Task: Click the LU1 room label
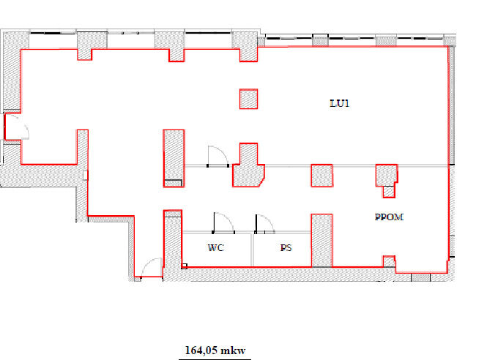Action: click(340, 103)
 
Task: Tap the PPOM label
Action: click(389, 217)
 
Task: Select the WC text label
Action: click(216, 247)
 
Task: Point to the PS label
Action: click(286, 247)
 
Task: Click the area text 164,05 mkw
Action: click(215, 350)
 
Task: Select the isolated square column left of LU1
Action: click(248, 99)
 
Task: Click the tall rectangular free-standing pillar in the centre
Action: click(174, 158)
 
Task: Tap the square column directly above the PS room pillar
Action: click(321, 176)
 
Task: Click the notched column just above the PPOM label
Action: click(387, 180)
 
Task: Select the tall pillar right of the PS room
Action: click(321, 240)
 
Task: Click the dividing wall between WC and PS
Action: click(253, 250)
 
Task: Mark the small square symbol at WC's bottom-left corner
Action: click(185, 266)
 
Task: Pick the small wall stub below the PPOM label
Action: click(389, 261)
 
